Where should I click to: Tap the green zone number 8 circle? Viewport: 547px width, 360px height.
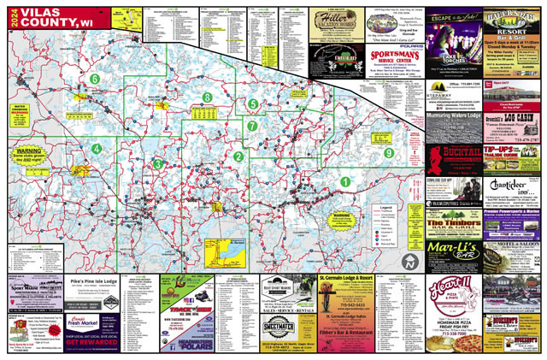click(x=208, y=98)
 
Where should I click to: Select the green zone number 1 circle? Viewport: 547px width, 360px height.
click(x=345, y=181)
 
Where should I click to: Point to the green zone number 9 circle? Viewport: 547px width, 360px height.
click(x=389, y=152)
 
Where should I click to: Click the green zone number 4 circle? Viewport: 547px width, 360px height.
click(x=97, y=149)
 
